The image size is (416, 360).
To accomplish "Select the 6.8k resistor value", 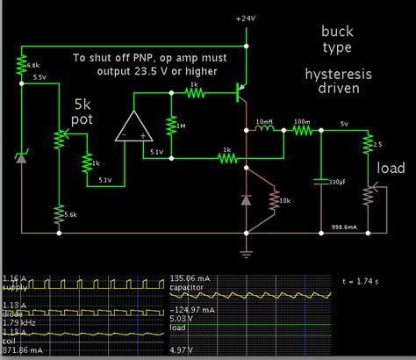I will [x=32, y=66].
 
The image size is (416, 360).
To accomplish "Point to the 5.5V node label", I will [x=39, y=77].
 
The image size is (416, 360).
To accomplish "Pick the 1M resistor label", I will [x=182, y=126].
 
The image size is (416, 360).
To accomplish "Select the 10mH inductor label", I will [x=263, y=120].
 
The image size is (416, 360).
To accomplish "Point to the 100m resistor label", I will [x=300, y=120].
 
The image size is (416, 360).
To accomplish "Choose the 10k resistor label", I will [x=285, y=201].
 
